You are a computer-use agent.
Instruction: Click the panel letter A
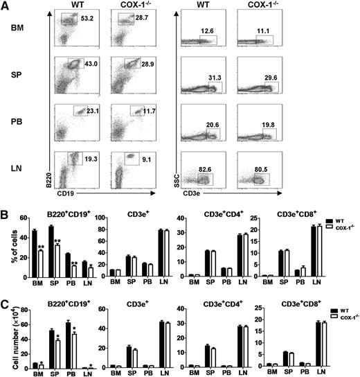[5, 6]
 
